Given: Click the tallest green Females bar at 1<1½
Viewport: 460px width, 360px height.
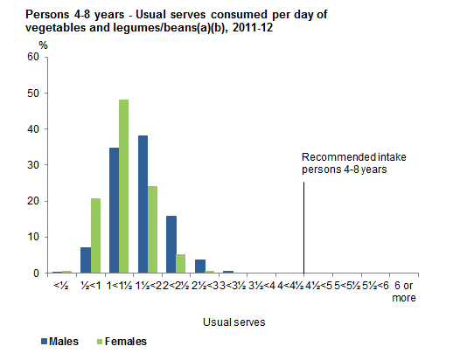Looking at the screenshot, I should click(x=124, y=186).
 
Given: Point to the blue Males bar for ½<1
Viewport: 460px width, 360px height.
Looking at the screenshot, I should click(x=86, y=260).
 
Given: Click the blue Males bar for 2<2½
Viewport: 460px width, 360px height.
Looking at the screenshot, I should click(x=171, y=244).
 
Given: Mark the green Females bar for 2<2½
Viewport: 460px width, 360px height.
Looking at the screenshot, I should click(x=181, y=263).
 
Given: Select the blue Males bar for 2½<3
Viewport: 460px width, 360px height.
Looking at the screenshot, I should click(x=200, y=266).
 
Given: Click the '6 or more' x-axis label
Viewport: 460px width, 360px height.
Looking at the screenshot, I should click(x=404, y=291).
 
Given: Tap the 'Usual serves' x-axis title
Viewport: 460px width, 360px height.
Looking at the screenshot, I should click(x=233, y=322).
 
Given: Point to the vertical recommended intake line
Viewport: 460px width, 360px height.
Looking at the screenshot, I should click(x=303, y=227).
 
